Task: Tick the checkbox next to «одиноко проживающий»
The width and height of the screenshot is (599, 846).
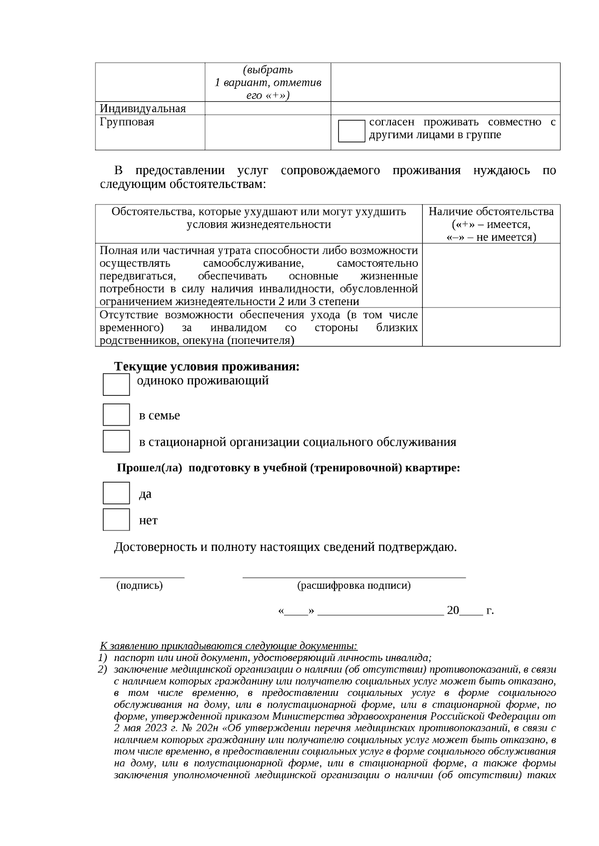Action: coord(116,384)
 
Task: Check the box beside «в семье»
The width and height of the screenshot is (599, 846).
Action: coord(116,415)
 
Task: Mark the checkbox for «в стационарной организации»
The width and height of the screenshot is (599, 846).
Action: coord(116,441)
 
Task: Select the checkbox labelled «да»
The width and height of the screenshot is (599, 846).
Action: coord(116,493)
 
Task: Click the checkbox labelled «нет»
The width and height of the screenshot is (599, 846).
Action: coord(116,519)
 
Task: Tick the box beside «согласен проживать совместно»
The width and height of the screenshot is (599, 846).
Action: coord(351,131)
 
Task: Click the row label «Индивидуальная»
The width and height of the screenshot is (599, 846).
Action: coord(143,109)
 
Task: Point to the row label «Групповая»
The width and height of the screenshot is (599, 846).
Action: coord(127,122)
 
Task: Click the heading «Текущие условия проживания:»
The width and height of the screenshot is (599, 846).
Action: coord(207,367)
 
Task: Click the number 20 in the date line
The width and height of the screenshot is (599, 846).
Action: coord(453,611)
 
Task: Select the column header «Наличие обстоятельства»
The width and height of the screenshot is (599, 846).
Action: coord(491,212)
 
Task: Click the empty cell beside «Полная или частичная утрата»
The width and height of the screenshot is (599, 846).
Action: coord(491,275)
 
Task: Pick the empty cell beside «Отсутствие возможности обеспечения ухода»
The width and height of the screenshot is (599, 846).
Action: coord(491,327)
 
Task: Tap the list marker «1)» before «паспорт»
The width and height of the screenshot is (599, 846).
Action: coord(102,658)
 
